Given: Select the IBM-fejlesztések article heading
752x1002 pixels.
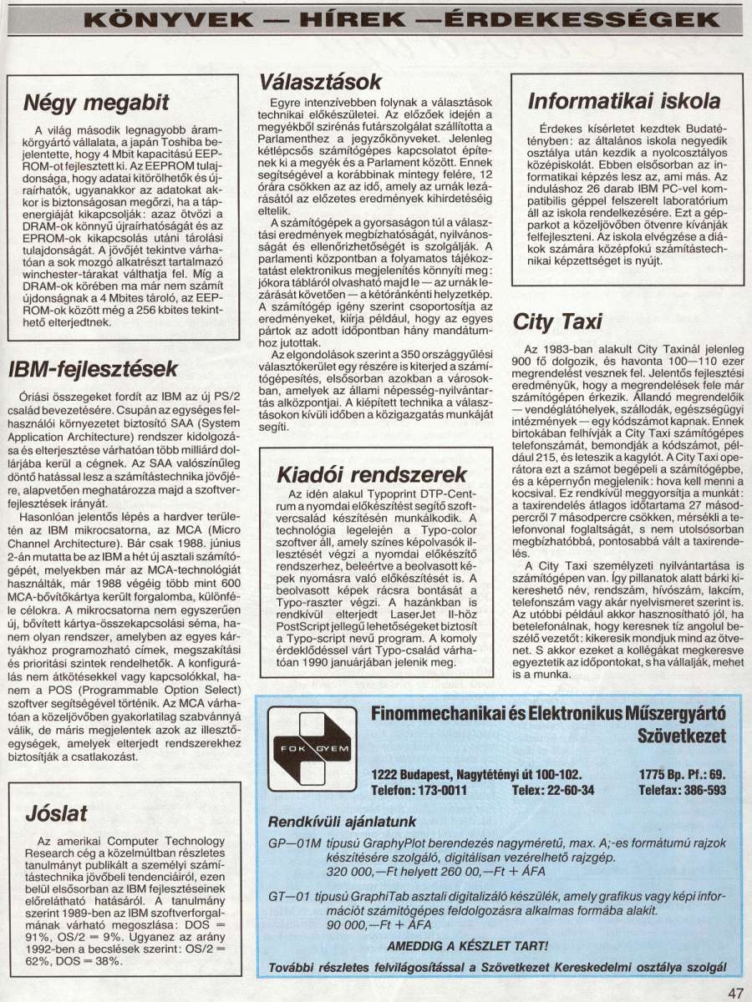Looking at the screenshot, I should (94, 369).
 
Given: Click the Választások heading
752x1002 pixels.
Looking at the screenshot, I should (321, 81).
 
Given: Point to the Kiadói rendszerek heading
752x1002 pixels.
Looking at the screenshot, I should (373, 474).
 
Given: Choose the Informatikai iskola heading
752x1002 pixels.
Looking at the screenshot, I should (624, 102).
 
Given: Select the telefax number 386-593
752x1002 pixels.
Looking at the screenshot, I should (699, 789).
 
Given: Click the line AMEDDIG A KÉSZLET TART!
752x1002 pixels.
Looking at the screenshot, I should (468, 946).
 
